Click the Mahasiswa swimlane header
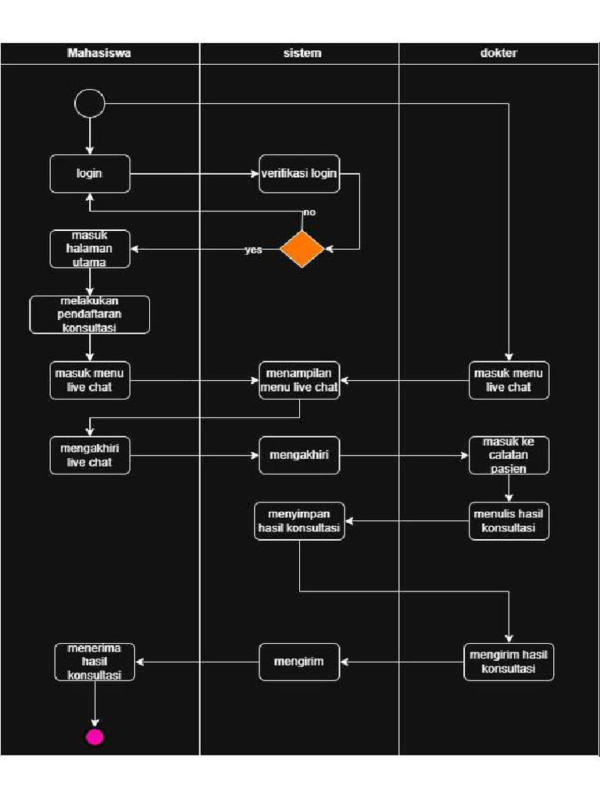99,53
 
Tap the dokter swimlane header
498,53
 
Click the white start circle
90,103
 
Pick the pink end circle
95,737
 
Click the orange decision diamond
302,249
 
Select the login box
90,173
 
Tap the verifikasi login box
299,173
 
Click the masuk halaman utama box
90,250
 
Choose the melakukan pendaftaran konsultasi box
90,314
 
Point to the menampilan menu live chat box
299,380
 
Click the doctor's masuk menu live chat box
509,380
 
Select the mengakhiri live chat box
90,455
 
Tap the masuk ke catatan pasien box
509,455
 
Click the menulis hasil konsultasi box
509,520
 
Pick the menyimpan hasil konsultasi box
299,521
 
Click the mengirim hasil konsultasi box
509,662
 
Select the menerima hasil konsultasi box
95,662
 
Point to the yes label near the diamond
253,250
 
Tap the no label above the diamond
309,212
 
